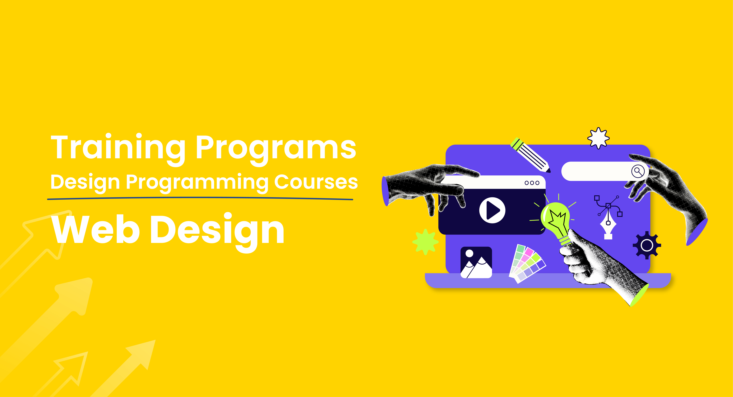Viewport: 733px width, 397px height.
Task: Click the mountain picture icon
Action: [x=476, y=262]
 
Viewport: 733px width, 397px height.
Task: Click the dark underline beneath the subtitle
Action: [x=200, y=198]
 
